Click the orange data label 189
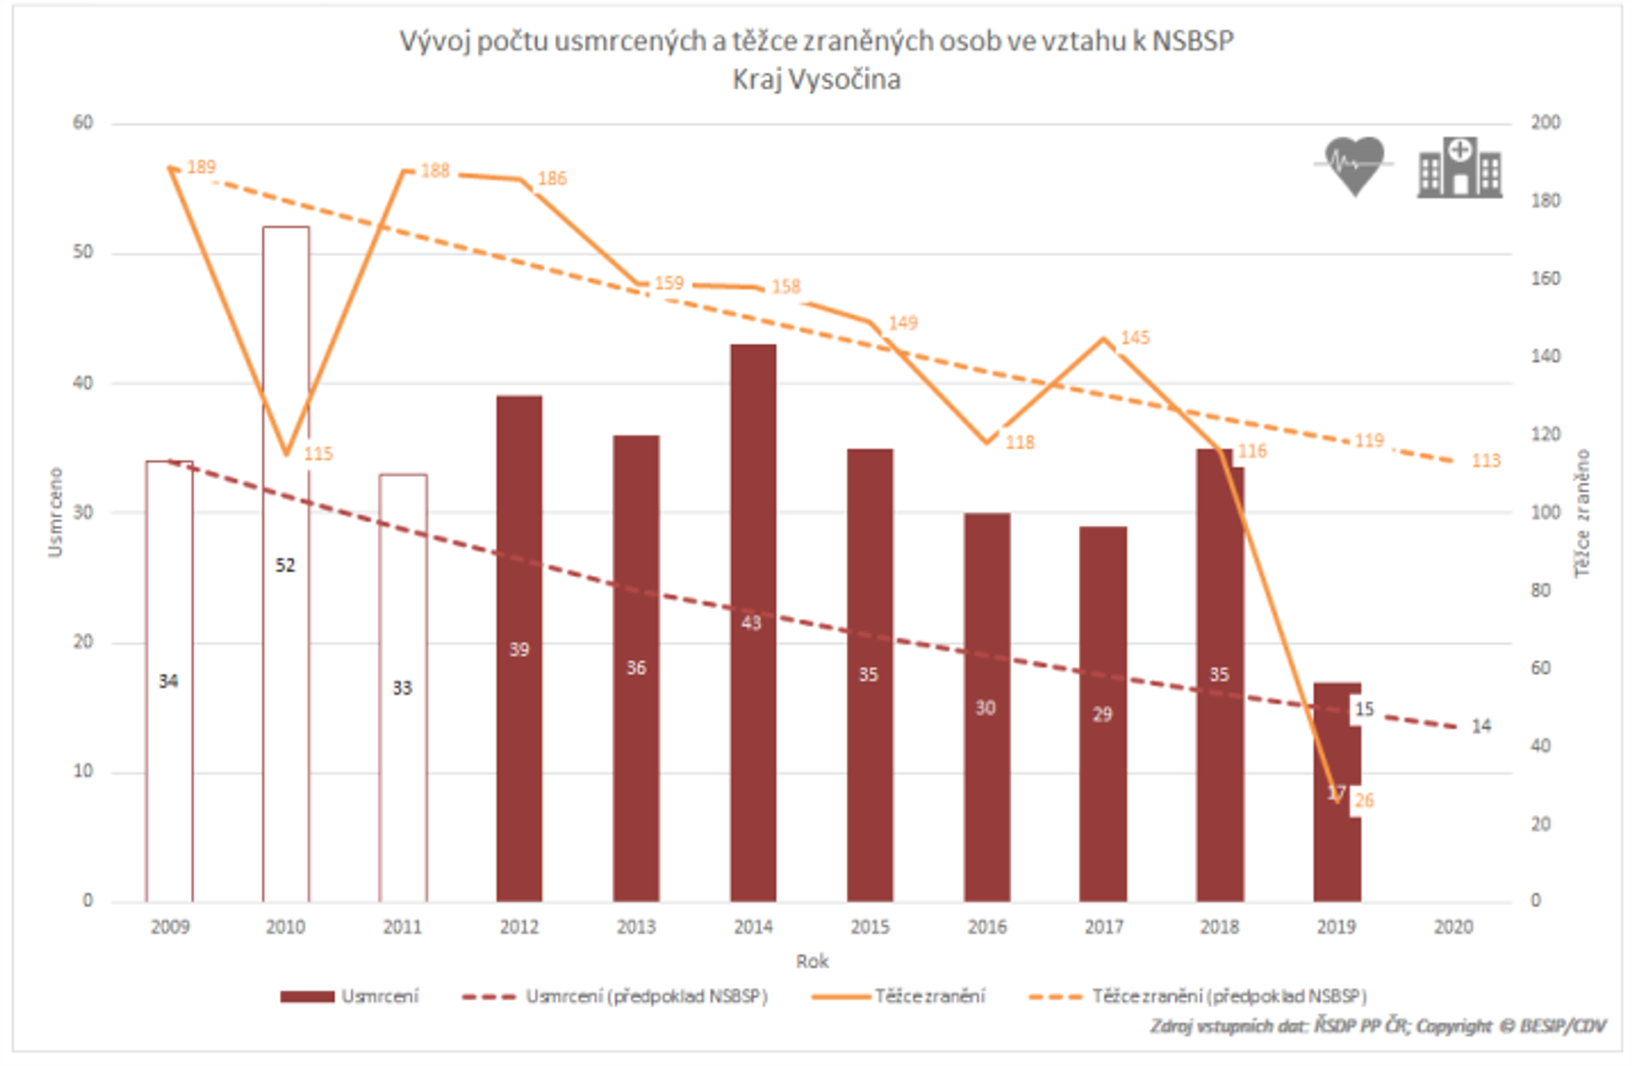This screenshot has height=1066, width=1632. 201,167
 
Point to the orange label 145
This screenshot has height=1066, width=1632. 1135,337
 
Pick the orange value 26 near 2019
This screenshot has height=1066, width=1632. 1364,801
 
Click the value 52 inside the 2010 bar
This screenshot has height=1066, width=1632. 285,565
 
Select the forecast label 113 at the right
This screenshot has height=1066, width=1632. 1486,461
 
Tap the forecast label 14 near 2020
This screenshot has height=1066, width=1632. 1481,726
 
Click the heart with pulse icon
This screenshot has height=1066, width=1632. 1355,165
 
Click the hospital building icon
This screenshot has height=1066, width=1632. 1460,167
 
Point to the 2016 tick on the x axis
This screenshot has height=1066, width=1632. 987,927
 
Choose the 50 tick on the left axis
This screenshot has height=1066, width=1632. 83,252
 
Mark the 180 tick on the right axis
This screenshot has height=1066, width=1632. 1546,200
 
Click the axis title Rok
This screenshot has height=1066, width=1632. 812,962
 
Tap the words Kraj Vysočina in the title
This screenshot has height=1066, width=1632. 816,80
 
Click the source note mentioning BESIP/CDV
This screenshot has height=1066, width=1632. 1378,1027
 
